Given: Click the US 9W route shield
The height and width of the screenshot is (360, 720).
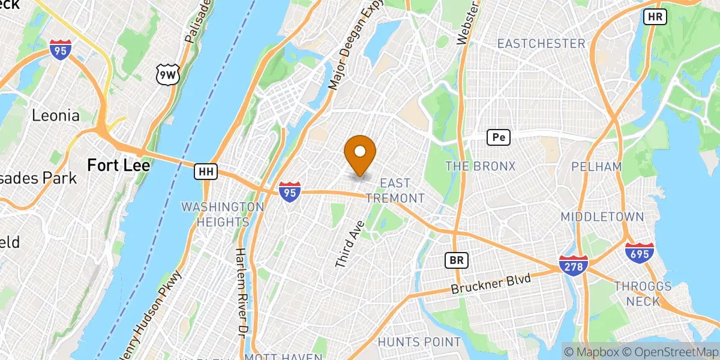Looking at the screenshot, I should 166,74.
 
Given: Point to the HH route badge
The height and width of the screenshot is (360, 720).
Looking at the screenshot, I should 206,172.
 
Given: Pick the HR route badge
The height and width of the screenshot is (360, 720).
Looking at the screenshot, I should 655,17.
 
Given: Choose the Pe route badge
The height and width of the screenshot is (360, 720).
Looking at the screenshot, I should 498,137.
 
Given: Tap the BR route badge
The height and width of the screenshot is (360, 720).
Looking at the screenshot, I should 456,260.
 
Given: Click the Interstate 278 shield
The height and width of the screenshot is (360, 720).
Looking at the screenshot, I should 574,265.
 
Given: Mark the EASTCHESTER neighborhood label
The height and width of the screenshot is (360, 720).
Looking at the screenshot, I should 541,43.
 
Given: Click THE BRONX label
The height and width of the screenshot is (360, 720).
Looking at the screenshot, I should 480,166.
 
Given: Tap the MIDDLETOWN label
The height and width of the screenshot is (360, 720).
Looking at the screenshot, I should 602,217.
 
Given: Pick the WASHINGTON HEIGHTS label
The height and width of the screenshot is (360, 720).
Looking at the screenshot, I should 223,214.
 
